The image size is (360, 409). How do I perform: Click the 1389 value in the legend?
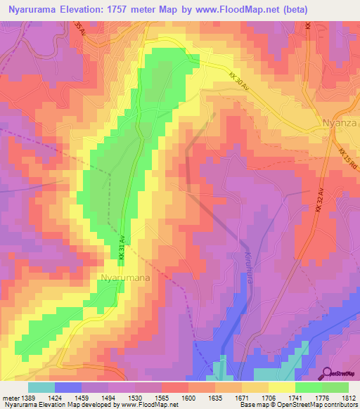(27, 397)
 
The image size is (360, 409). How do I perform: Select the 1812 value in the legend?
(348, 397)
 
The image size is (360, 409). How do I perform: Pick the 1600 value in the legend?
(188, 397)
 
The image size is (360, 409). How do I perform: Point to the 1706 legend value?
(268, 397)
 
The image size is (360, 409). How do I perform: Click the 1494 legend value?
(108, 397)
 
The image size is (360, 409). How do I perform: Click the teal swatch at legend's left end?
(41, 387)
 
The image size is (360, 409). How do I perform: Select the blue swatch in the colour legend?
(67, 387)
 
